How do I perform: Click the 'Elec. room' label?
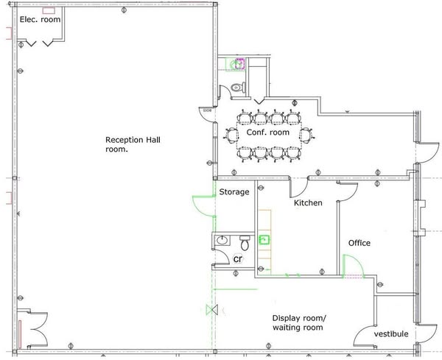point(40,19)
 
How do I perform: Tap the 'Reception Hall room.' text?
point(133,144)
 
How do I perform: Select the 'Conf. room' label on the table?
point(268,132)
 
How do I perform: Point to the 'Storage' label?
point(234,192)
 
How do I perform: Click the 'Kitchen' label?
point(308,202)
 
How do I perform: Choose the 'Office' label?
point(359,243)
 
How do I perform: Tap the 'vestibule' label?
point(391,333)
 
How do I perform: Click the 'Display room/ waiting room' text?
point(299,322)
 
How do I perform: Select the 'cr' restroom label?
point(238,258)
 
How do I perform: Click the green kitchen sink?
point(264,240)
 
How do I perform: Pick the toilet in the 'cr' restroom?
point(245,243)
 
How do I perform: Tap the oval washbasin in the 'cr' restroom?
point(222,240)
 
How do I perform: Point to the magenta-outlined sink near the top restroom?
point(240,63)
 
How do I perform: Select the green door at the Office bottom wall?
point(353,267)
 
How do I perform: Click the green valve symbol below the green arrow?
point(211,310)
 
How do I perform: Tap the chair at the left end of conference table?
point(231,135)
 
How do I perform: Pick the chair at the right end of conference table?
point(307,135)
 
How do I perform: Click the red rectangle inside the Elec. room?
point(49,11)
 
